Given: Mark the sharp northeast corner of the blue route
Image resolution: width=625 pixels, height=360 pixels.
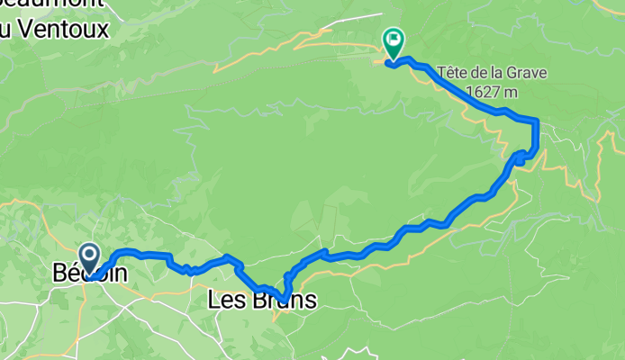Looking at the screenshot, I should coord(536,121).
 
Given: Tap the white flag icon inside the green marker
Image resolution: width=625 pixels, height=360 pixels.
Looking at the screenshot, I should coord(394,39).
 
